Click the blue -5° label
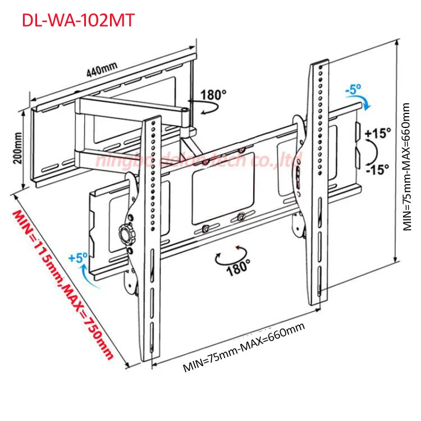[354, 89]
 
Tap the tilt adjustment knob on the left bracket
[124, 232]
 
